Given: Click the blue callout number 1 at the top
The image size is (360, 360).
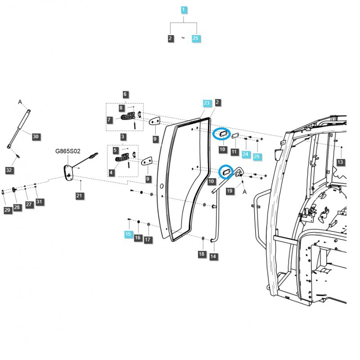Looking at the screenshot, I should (x=183, y=9).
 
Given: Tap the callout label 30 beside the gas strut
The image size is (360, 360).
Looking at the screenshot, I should (x=36, y=136).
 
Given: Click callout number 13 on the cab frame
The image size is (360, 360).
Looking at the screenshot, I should (x=340, y=162).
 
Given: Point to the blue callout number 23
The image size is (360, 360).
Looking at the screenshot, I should (x=207, y=103).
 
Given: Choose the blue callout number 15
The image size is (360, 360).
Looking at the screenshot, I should (x=129, y=234).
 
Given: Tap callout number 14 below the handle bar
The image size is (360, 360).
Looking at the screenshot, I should (x=213, y=256).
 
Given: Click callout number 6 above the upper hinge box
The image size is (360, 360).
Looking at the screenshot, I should (x=125, y=94).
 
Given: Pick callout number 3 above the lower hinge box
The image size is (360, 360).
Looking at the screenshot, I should (x=122, y=136).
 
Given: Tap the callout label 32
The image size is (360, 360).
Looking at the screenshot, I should (x=9, y=170).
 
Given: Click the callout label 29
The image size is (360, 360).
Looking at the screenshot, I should (x=7, y=210).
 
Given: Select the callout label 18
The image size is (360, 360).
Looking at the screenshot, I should (x=202, y=254).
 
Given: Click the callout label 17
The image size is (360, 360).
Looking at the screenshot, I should (x=148, y=239).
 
